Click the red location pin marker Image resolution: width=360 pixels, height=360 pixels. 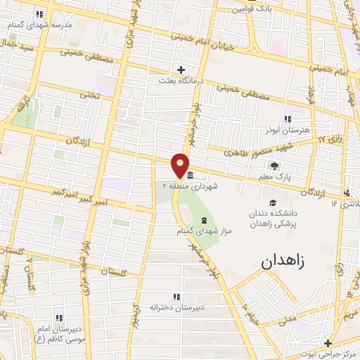coord(181,161)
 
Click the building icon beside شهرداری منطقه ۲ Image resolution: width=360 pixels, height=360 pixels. coord(191,175)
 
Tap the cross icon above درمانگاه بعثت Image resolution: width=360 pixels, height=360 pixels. coord(181,69)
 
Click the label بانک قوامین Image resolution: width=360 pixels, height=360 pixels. coord(252,9)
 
